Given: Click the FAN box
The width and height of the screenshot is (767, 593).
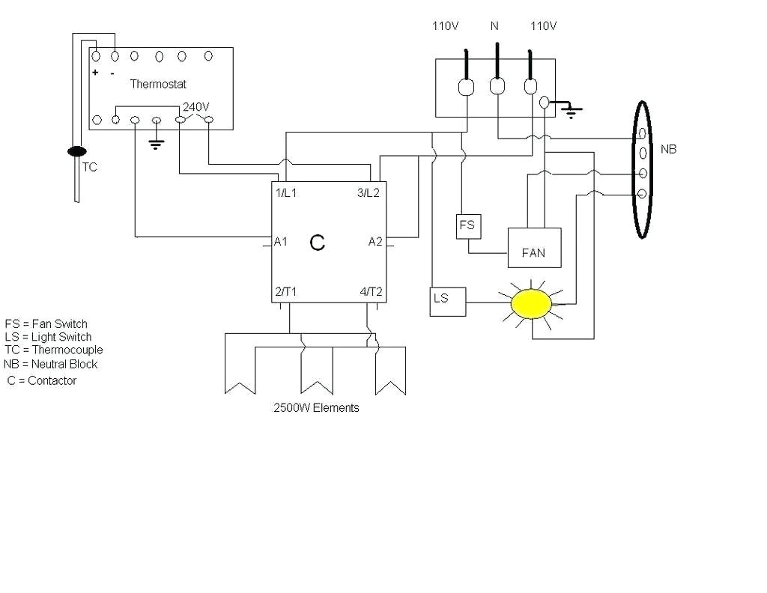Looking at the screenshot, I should pyautogui.click(x=534, y=247).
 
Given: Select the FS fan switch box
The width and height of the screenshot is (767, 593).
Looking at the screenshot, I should pyautogui.click(x=467, y=226).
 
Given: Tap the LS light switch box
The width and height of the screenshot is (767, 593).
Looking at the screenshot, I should pyautogui.click(x=447, y=300).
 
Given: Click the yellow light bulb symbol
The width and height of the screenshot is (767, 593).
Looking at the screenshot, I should pyautogui.click(x=532, y=302).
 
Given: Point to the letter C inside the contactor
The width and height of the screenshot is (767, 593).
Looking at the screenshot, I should pyautogui.click(x=318, y=243).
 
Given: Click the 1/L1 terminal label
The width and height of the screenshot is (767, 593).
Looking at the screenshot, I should pyautogui.click(x=286, y=192).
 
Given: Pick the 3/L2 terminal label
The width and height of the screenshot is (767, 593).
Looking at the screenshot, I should pyautogui.click(x=368, y=192).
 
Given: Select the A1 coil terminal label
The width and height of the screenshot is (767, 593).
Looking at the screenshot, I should pyautogui.click(x=281, y=241).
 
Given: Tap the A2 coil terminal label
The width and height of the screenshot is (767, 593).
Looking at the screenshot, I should pyautogui.click(x=375, y=241).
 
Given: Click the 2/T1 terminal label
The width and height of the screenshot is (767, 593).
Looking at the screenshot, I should pyautogui.click(x=285, y=292).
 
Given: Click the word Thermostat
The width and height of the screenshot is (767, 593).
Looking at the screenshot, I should pyautogui.click(x=158, y=85).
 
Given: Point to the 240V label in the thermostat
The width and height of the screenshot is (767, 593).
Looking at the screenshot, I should pyautogui.click(x=195, y=107).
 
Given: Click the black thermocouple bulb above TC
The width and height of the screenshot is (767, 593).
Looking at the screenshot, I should pyautogui.click(x=76, y=152).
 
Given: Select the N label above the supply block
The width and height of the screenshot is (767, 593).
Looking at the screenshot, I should pyautogui.click(x=494, y=26).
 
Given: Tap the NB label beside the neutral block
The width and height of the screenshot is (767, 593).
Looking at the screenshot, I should pyautogui.click(x=668, y=150).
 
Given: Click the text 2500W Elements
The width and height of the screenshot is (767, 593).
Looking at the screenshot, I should pyautogui.click(x=316, y=408).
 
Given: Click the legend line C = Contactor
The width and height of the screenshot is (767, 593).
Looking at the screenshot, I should pyautogui.click(x=42, y=380).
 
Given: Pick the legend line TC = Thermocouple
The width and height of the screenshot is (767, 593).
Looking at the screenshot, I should pyautogui.click(x=53, y=350).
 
